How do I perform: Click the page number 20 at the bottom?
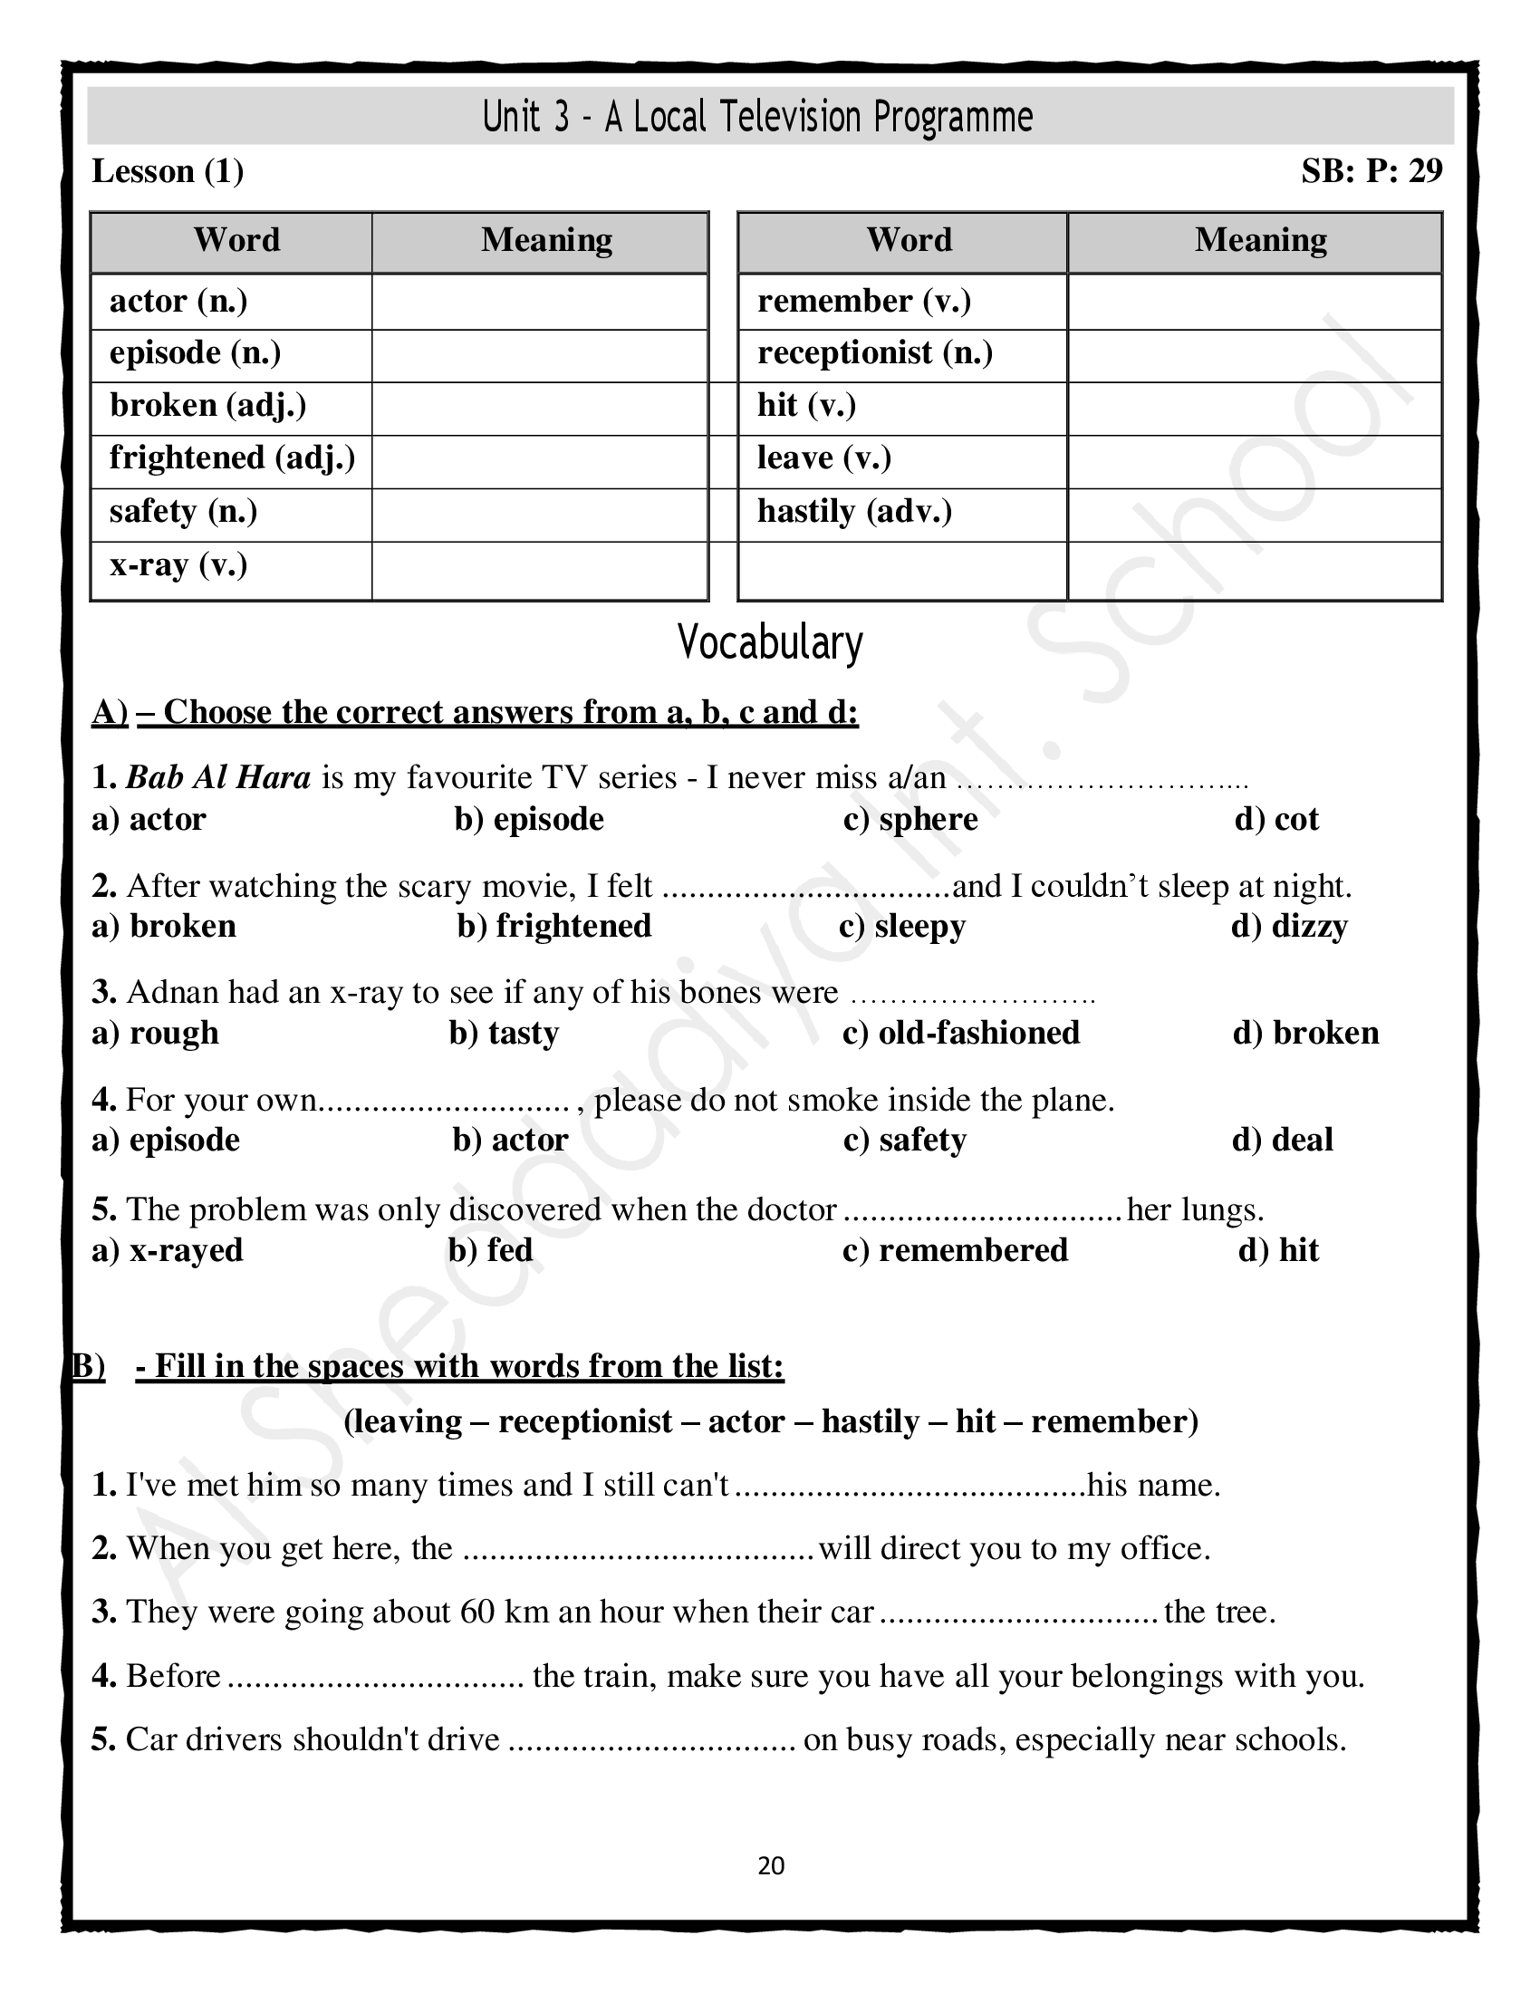[x=771, y=1865]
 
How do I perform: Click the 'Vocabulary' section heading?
[x=770, y=642]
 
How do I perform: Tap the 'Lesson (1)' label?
[x=168, y=171]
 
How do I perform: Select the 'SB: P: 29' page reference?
[x=1372, y=171]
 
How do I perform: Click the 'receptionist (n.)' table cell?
[x=874, y=353]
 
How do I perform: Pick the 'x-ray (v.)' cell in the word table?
[x=178, y=566]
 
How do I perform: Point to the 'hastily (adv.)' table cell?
[x=854, y=511]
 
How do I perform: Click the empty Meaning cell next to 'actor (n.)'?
[x=539, y=301]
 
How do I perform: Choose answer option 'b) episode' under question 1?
[x=529, y=820]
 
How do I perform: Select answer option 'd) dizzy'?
[x=1289, y=926]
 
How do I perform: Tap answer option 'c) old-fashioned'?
[x=960, y=1033]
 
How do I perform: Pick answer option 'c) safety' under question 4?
[x=904, y=1140]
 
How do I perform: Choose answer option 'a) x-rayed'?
[x=168, y=1250]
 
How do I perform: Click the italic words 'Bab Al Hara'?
[x=218, y=777]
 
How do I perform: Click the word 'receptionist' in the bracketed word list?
[x=585, y=1421]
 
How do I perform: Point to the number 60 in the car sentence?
[x=477, y=1612]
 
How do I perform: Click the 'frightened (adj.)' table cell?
[x=232, y=458]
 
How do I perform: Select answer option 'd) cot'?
[x=1276, y=820]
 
